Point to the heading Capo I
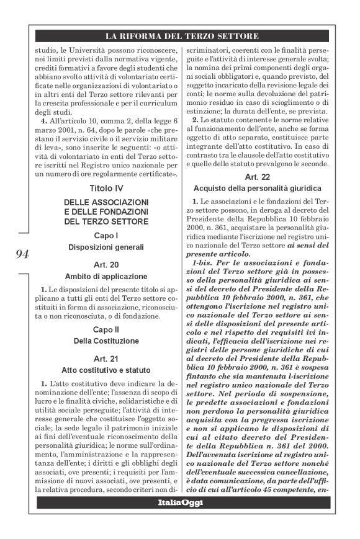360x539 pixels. coord(107,236)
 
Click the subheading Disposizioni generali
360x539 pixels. coord(107,247)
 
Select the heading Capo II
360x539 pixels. coord(107,329)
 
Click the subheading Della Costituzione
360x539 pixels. coord(107,341)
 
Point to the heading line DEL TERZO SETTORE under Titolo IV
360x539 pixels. coord(107,221)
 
